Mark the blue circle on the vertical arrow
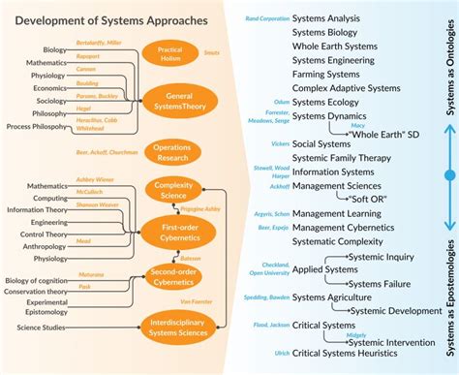point(447,175)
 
